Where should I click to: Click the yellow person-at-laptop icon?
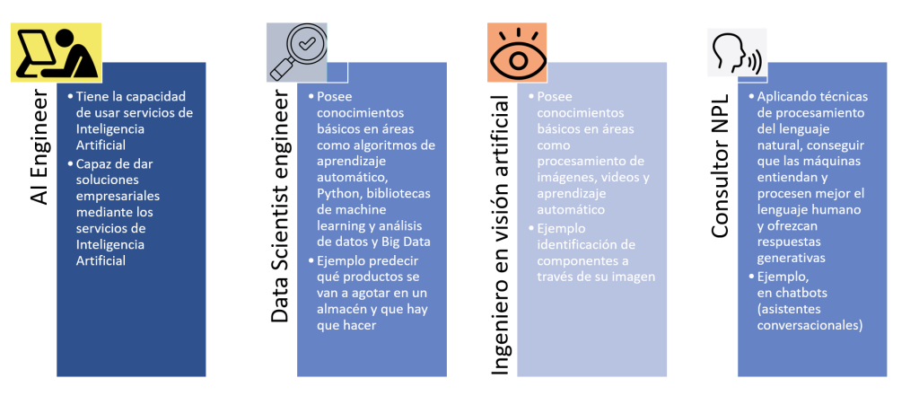tap(56, 52)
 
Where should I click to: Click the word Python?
tap(330, 195)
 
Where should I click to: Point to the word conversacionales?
tap(810, 325)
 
